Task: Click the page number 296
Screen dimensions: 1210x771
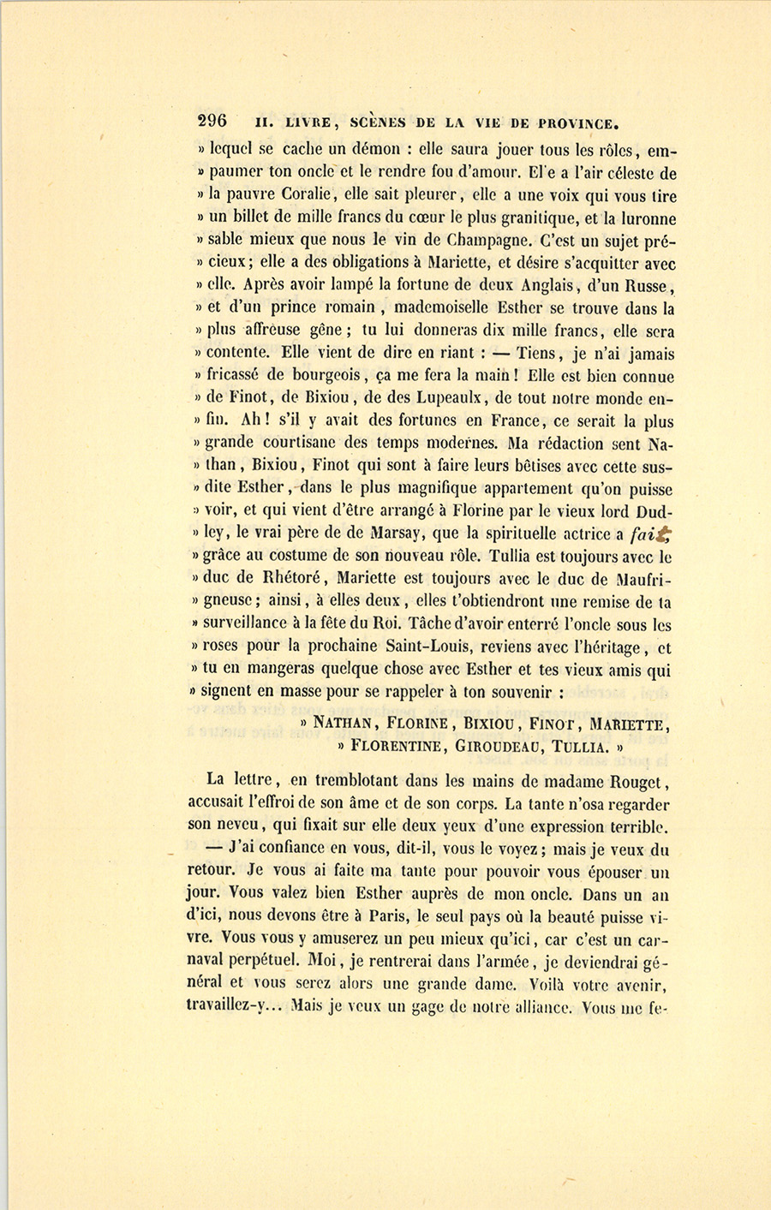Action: tap(212, 121)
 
